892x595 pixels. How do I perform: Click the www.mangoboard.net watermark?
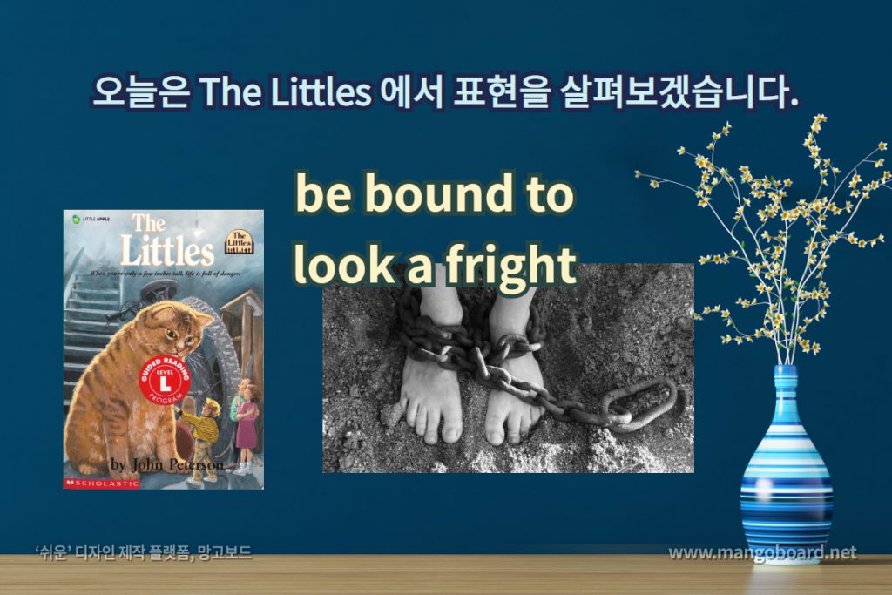click(762, 553)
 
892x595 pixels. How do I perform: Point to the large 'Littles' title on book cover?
click(166, 251)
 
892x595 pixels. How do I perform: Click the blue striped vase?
click(786, 470)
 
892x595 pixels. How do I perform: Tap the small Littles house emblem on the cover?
click(242, 243)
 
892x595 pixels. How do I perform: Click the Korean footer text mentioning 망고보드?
click(143, 553)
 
